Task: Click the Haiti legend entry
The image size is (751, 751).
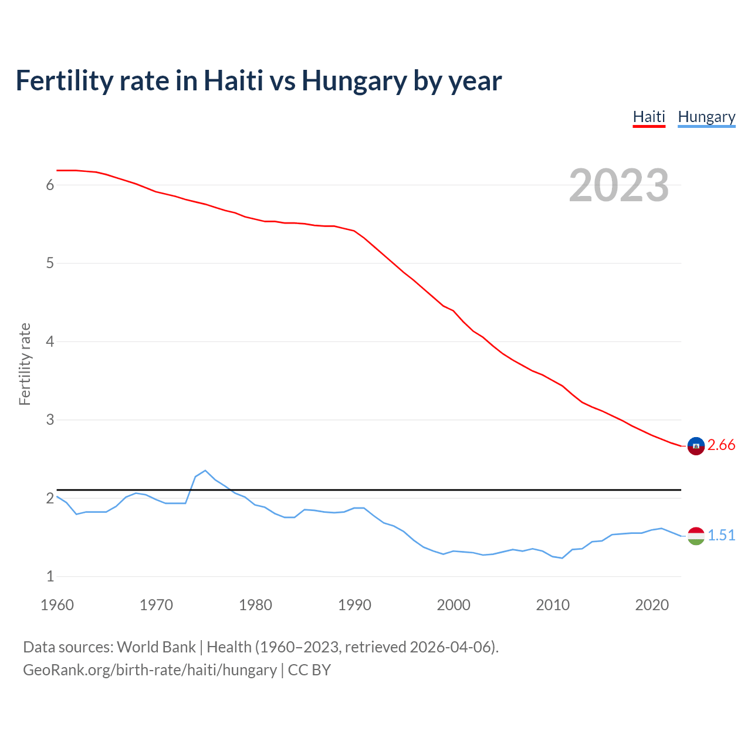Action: pos(648,117)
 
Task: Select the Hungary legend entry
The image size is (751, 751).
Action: pos(706,117)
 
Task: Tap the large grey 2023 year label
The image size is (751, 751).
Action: pos(618,185)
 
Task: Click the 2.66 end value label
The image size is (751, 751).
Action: pos(721,445)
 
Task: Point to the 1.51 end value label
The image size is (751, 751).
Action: pos(721,535)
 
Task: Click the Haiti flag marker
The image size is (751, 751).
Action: pos(696,446)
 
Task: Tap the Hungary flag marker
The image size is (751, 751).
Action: pos(696,536)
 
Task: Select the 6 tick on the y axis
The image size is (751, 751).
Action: pos(50,185)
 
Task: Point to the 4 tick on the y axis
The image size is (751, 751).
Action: pos(50,341)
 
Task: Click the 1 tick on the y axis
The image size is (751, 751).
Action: pos(50,577)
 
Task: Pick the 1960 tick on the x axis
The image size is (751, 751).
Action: pos(57,605)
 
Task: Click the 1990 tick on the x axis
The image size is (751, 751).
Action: pos(354,605)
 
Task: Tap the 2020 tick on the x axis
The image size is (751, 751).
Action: pos(652,605)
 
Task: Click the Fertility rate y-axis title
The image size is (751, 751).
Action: pos(25,364)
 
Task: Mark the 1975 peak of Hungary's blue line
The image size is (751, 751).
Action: pos(205,471)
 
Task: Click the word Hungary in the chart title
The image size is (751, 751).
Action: pos(354,81)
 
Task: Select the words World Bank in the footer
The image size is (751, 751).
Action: pos(156,647)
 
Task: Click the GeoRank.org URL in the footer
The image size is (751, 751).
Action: pos(150,670)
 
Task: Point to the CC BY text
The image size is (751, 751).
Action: pos(309,670)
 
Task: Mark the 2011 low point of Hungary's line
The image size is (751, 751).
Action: pos(562,558)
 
